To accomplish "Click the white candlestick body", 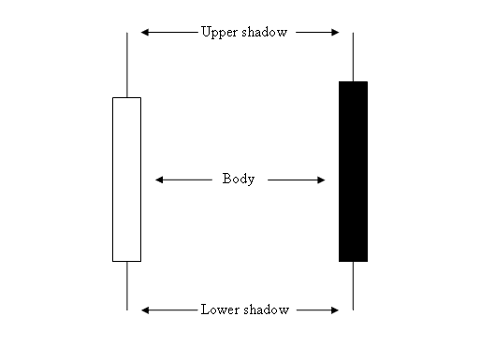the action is pyautogui.click(x=126, y=179).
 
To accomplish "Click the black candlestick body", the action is pyautogui.click(x=353, y=171).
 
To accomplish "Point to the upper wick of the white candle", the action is pyautogui.click(x=126, y=65).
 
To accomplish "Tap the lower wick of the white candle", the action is pyautogui.click(x=126, y=285).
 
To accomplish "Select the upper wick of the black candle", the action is pyautogui.click(x=353, y=57).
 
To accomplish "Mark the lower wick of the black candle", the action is pyautogui.click(x=353, y=285).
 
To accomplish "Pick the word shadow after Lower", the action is pyautogui.click(x=266, y=310).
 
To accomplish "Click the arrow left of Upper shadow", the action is pyautogui.click(x=168, y=32).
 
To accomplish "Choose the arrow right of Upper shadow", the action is pyautogui.click(x=315, y=32).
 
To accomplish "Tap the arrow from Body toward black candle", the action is pyautogui.click(x=296, y=180).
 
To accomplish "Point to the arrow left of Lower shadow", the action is pyautogui.click(x=168, y=310).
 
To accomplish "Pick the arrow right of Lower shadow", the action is pyautogui.click(x=315, y=310).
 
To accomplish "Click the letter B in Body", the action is pyautogui.click(x=226, y=179).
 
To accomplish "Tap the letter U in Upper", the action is pyautogui.click(x=206, y=31).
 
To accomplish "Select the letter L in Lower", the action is pyautogui.click(x=205, y=310).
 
